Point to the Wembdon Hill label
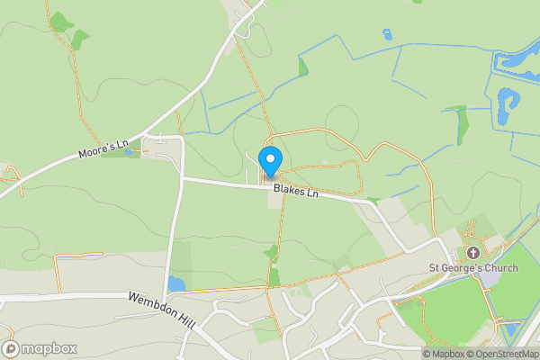click(x=161, y=310)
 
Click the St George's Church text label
click(x=473, y=268)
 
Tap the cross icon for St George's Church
click(x=473, y=254)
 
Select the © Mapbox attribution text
click(x=443, y=354)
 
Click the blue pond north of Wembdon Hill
click(x=176, y=284)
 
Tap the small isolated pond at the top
click(x=387, y=35)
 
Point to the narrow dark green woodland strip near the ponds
click(x=462, y=123)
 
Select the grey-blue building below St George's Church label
click(x=488, y=280)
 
